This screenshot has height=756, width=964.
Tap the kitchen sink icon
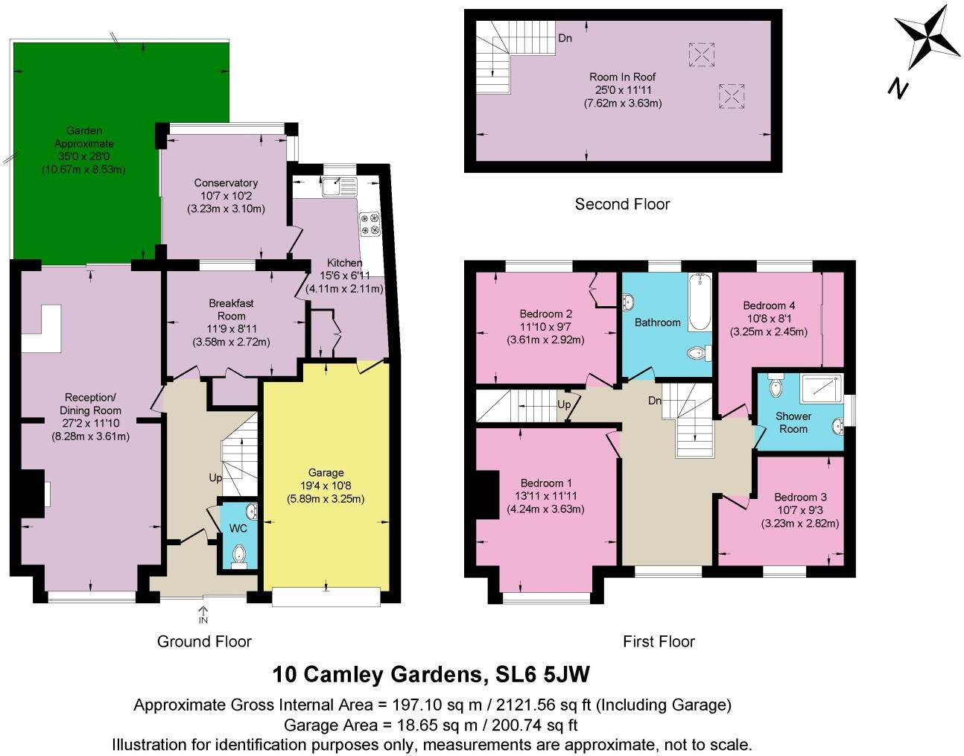pos(340,186)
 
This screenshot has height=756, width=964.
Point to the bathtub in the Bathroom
pos(700,302)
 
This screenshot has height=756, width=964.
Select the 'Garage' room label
pos(326,472)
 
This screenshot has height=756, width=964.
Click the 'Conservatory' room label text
pos(226,182)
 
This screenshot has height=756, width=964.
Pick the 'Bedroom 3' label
pos(800,497)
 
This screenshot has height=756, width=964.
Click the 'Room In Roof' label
pos(622,77)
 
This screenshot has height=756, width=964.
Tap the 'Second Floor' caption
pos(622,204)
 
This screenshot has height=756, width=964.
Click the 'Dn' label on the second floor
pos(565,38)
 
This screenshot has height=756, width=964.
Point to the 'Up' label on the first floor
pos(564,404)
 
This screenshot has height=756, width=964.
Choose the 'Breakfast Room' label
pos(231,309)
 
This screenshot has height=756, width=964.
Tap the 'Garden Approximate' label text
pos(84,137)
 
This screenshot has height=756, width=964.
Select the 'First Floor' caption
pos(659,641)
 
